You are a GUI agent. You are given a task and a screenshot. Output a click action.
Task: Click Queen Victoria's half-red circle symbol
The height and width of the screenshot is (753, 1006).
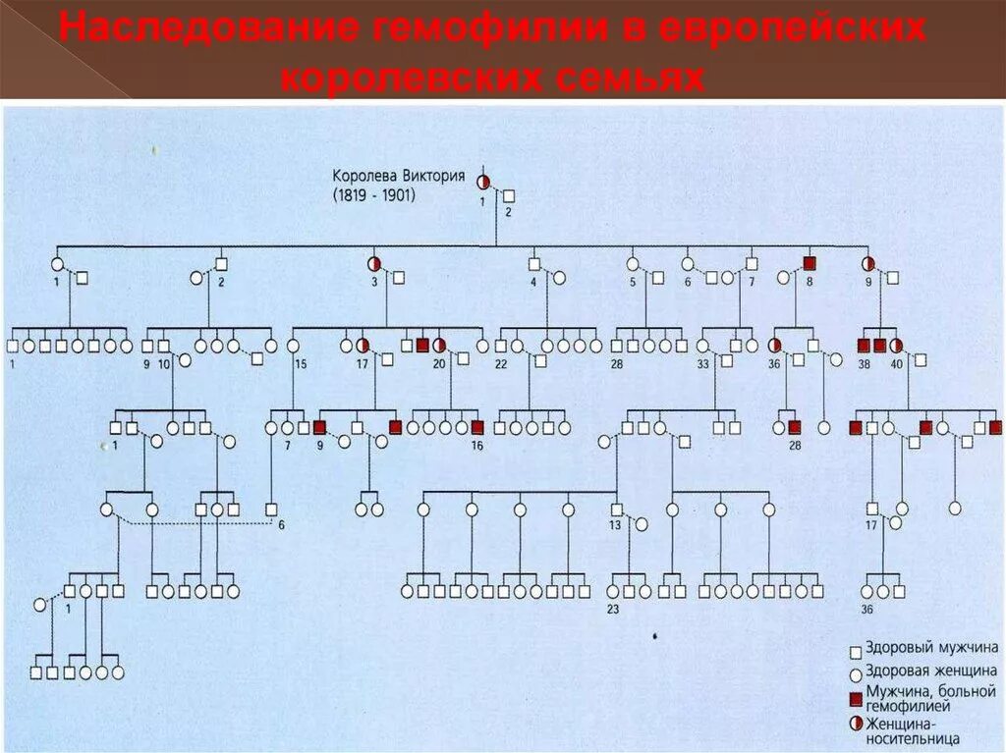coord(483,182)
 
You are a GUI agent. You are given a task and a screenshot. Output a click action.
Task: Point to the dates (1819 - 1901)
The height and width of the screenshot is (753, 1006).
coord(374,195)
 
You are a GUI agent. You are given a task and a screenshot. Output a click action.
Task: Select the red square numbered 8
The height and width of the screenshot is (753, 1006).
coord(810,263)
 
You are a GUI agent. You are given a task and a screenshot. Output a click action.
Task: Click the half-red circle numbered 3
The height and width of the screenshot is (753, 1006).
coord(374,263)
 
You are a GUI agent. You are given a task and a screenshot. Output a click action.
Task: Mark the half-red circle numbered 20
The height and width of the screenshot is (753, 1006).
coord(439,346)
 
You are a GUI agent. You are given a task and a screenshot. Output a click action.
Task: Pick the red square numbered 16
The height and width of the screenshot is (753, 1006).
coord(477,428)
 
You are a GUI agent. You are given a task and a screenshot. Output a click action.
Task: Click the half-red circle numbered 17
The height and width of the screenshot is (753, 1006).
coord(363,346)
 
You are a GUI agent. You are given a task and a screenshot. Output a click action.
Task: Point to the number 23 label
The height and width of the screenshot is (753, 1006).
coord(613,609)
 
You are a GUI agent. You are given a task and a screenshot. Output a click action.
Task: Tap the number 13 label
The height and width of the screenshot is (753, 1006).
coord(614,525)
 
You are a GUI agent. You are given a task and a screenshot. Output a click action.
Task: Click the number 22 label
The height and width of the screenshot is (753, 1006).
coord(500,364)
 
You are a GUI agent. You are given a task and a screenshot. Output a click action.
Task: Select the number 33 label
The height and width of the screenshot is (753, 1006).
coord(702,363)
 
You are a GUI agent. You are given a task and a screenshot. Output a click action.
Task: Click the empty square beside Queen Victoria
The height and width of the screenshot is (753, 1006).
coord(509,196)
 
